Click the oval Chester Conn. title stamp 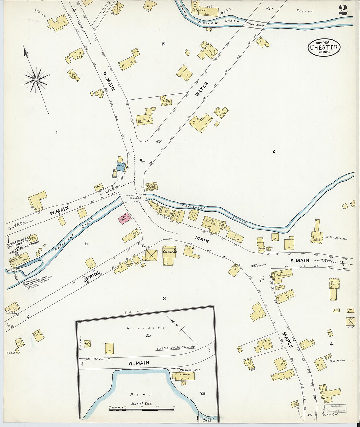tap(324, 47)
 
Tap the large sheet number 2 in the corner tap(343, 10)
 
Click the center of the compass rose tap(35, 79)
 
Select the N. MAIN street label tap(109, 81)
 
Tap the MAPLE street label tap(287, 340)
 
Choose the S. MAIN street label tap(300, 260)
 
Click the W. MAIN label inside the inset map tap(138, 363)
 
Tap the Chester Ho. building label tap(170, 252)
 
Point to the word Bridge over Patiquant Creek tap(135, 198)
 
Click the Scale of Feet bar tap(141, 409)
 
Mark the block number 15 tap(163, 44)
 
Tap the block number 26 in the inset tap(203, 393)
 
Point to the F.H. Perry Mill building tap(186, 376)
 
